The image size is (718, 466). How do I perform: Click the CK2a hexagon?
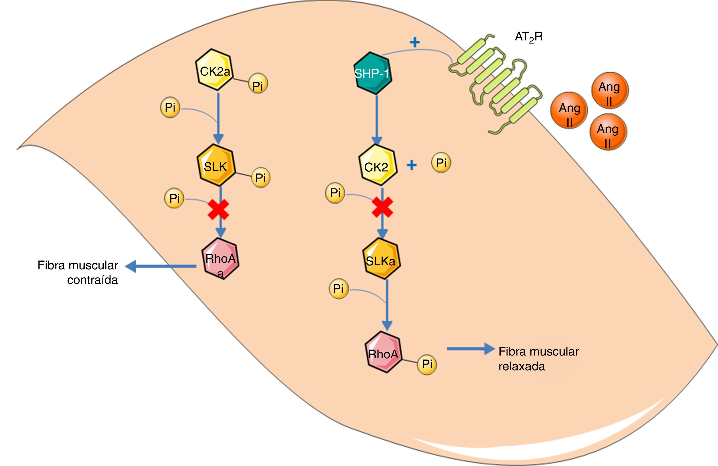pyautogui.click(x=215, y=70)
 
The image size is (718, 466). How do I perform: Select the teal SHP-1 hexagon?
pyautogui.click(x=372, y=73)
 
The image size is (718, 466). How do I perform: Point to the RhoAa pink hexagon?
pyautogui.click(x=220, y=259)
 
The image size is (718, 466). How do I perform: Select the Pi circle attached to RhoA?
pyautogui.click(x=427, y=365)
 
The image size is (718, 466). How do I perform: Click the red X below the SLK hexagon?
pyautogui.click(x=218, y=209)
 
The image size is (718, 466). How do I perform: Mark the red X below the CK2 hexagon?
pyautogui.click(x=382, y=207)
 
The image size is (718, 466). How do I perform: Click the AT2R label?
pyautogui.click(x=528, y=37)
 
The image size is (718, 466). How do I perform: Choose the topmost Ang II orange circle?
pyautogui.click(x=610, y=90)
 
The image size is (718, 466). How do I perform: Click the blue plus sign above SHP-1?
pyautogui.click(x=415, y=42)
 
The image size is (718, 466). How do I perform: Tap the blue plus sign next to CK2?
pyautogui.click(x=412, y=165)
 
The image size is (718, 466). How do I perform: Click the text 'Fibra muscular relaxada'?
pyautogui.click(x=539, y=359)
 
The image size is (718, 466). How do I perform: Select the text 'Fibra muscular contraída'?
pyautogui.click(x=78, y=272)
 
